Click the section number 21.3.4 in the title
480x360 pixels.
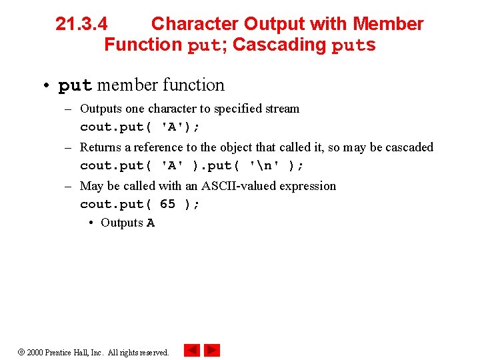tap(81, 24)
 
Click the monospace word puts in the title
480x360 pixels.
tap(354, 46)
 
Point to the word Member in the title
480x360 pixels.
tap(388, 24)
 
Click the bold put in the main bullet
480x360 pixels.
tap(75, 86)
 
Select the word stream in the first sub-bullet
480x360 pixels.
tap(283, 109)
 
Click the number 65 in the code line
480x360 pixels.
tap(167, 204)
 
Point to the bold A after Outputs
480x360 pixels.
tap(151, 223)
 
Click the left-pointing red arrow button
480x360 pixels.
tap(192, 350)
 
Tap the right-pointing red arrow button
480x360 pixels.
tap(212, 350)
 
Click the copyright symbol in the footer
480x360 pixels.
tap(21, 352)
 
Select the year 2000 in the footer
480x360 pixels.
tap(35, 352)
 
